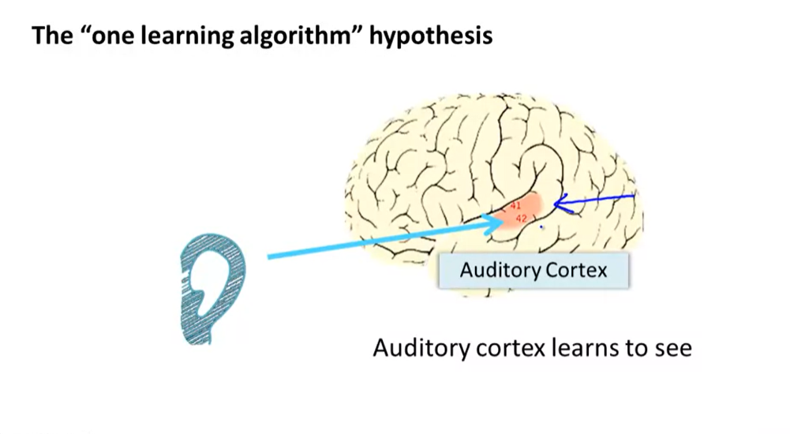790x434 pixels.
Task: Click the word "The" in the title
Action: [x=48, y=36]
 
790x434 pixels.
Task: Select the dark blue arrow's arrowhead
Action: [x=560, y=206]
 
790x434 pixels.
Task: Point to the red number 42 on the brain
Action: [x=521, y=218]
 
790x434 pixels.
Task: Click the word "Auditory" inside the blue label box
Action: [x=497, y=271]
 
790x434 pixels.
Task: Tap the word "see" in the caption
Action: [x=672, y=347]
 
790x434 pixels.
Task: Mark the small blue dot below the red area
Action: [x=541, y=228]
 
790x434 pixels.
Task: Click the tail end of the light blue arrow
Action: [x=271, y=256]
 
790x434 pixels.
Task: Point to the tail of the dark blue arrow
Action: [x=634, y=196]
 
